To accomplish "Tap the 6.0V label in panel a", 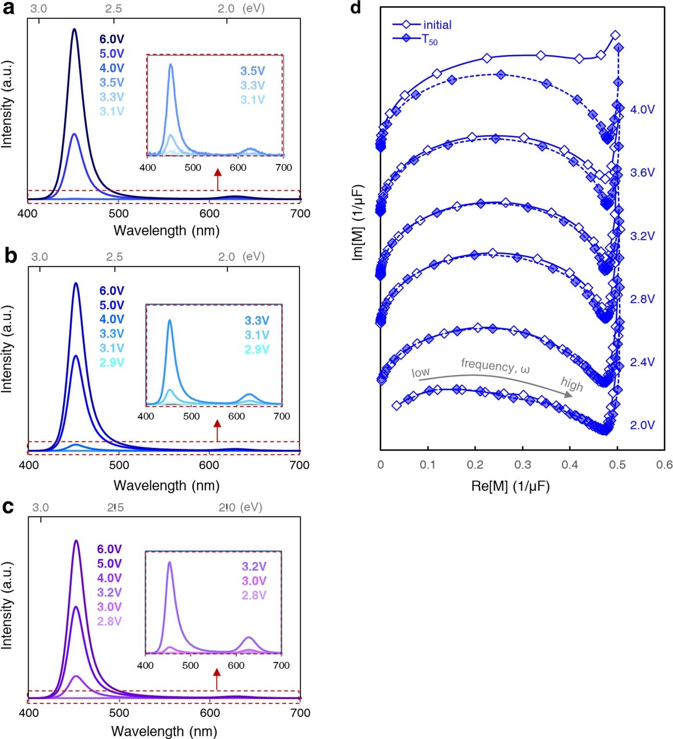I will pos(112,39).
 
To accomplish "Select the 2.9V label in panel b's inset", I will pos(257,349).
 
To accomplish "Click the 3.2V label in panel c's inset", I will pos(254,566).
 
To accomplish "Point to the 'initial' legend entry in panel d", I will pos(437,25).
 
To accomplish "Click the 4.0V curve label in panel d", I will pos(642,110).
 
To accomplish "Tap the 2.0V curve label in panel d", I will pos(642,425).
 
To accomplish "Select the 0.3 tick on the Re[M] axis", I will pos(523,465).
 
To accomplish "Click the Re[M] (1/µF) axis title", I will pos(510,486).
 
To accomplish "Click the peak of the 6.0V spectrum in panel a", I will pos(74,29).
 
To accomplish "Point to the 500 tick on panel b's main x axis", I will pos(119,465).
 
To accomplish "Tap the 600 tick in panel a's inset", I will pos(238,167).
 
